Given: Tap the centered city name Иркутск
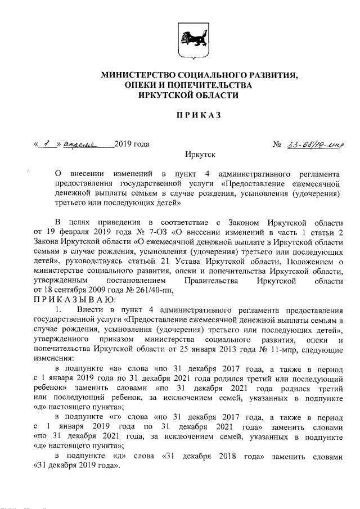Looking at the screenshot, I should pos(199,154).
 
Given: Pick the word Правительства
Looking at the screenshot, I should pos(213,280).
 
